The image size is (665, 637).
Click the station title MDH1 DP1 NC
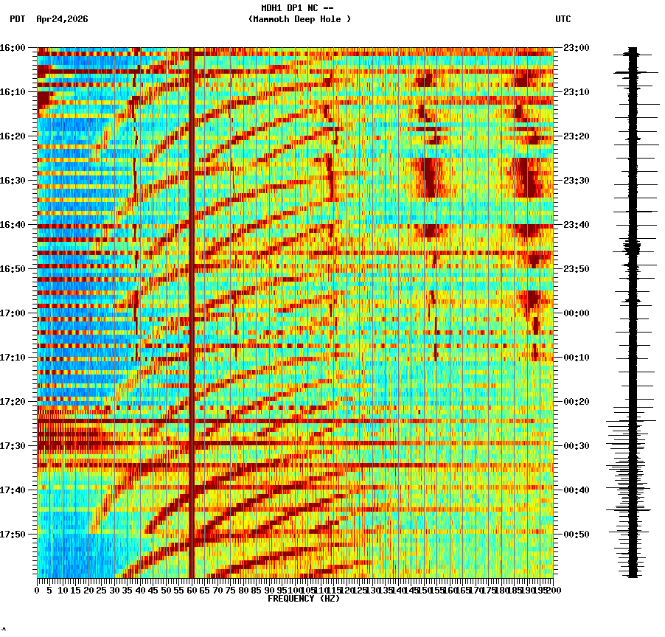click(x=293, y=8)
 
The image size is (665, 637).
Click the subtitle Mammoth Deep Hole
click(x=299, y=19)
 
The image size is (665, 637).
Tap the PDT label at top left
click(x=17, y=19)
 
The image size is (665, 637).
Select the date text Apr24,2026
click(x=62, y=19)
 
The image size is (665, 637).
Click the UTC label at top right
click(x=563, y=19)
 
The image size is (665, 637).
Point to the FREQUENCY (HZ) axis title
click(x=303, y=599)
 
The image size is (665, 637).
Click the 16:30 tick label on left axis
click(x=13, y=181)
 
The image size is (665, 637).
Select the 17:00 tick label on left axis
click(x=13, y=313)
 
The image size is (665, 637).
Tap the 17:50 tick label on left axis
click(x=13, y=535)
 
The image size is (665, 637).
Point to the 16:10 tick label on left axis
click(x=13, y=92)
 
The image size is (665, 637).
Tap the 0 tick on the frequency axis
click(x=38, y=591)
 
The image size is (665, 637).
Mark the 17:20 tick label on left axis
click(x=13, y=402)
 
